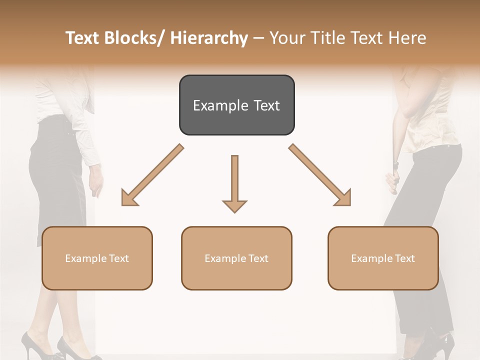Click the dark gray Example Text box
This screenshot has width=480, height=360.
(236, 105)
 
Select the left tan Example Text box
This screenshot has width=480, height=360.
(97, 258)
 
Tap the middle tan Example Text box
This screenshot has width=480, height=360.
(236, 258)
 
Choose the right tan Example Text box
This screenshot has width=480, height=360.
(383, 258)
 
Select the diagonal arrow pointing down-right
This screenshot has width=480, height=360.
(320, 175)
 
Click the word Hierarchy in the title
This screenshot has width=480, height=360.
(209, 38)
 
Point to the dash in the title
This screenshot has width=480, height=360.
(258, 38)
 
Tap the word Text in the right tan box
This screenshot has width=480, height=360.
(404, 258)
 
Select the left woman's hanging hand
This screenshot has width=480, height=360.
(96, 185)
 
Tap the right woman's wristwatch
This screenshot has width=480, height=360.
(395, 164)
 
